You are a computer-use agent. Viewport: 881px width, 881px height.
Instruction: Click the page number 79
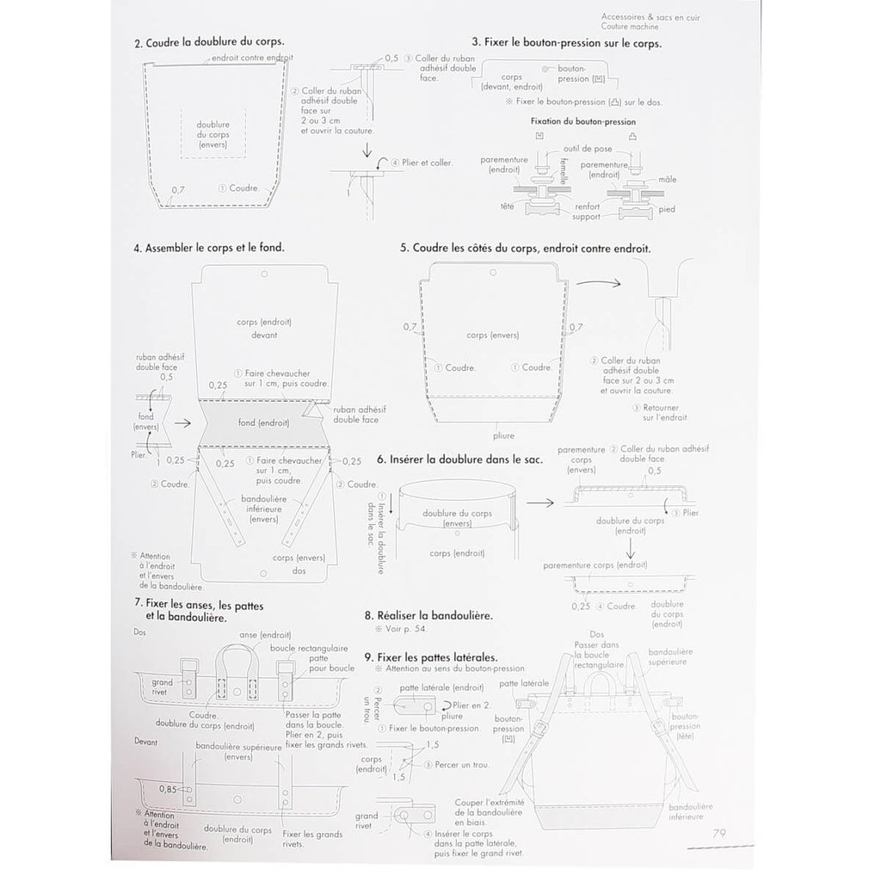pyautogui.click(x=720, y=833)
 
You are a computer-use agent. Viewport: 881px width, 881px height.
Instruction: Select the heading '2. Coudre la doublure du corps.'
pyautogui.click(x=210, y=42)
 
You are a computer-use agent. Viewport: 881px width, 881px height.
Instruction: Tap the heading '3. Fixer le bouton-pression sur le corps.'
pyautogui.click(x=566, y=42)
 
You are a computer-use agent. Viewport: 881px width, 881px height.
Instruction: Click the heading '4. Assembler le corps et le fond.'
pyautogui.click(x=209, y=248)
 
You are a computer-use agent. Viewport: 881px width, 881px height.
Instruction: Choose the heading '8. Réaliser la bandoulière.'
pyautogui.click(x=428, y=616)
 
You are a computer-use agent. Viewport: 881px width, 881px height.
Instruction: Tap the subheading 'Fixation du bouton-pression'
pyautogui.click(x=584, y=122)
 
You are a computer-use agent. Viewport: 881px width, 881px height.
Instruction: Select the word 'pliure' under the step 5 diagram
pyautogui.click(x=493, y=435)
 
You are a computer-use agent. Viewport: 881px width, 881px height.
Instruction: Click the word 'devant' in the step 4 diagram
pyautogui.click(x=264, y=335)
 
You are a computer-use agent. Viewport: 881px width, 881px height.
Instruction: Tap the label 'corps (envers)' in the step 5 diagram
pyautogui.click(x=491, y=335)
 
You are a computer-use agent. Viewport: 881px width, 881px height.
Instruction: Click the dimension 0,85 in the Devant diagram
pyautogui.click(x=169, y=787)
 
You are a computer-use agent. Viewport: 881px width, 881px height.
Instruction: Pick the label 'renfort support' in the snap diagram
pyautogui.click(x=587, y=212)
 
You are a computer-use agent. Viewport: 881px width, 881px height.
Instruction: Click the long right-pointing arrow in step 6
pyautogui.click(x=539, y=501)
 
